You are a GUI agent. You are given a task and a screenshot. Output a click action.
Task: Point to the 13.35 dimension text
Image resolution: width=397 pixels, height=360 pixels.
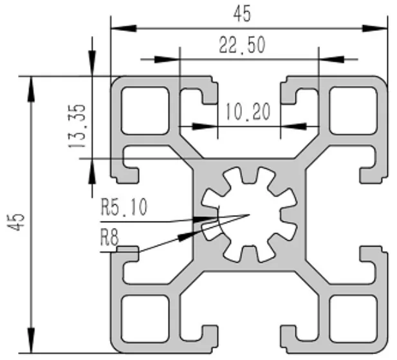[78, 127]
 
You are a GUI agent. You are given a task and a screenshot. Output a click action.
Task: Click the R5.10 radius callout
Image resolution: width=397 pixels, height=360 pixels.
[124, 207]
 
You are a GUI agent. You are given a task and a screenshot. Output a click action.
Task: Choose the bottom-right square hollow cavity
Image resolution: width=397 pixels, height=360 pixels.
[353, 317]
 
